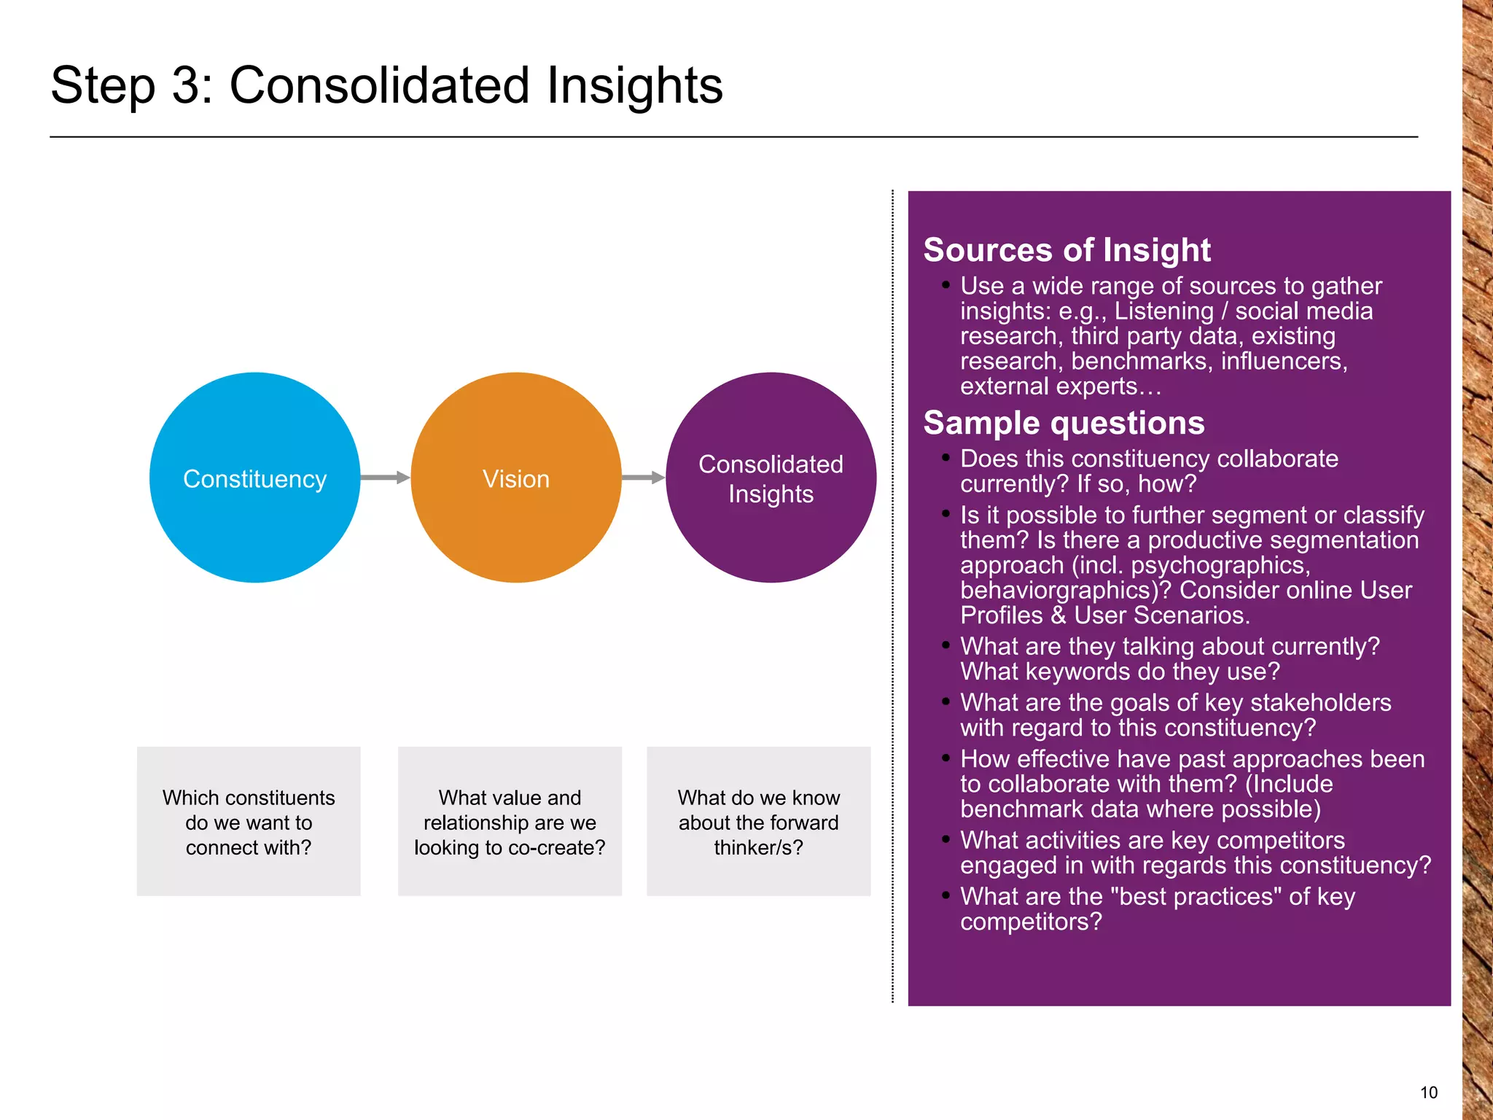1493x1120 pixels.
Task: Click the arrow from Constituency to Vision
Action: click(385, 478)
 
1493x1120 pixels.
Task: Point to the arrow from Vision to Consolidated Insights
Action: click(643, 478)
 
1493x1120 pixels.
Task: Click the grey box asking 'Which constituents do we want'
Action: click(249, 821)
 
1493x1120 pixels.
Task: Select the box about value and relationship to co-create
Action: click(510, 821)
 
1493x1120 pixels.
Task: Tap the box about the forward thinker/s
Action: click(758, 821)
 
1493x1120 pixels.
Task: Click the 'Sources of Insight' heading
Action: click(1067, 250)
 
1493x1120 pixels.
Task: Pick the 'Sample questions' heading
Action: click(1064, 423)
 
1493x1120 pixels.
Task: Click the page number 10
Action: click(1428, 1092)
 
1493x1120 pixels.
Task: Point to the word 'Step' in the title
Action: click(103, 86)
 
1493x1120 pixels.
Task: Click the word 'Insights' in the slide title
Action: click(634, 86)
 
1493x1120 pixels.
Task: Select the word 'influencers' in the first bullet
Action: click(1283, 361)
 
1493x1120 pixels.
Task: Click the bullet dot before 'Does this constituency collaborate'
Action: click(946, 458)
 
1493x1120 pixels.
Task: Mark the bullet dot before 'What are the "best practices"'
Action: click(946, 895)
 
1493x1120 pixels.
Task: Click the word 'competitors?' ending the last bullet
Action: click(1031, 922)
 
